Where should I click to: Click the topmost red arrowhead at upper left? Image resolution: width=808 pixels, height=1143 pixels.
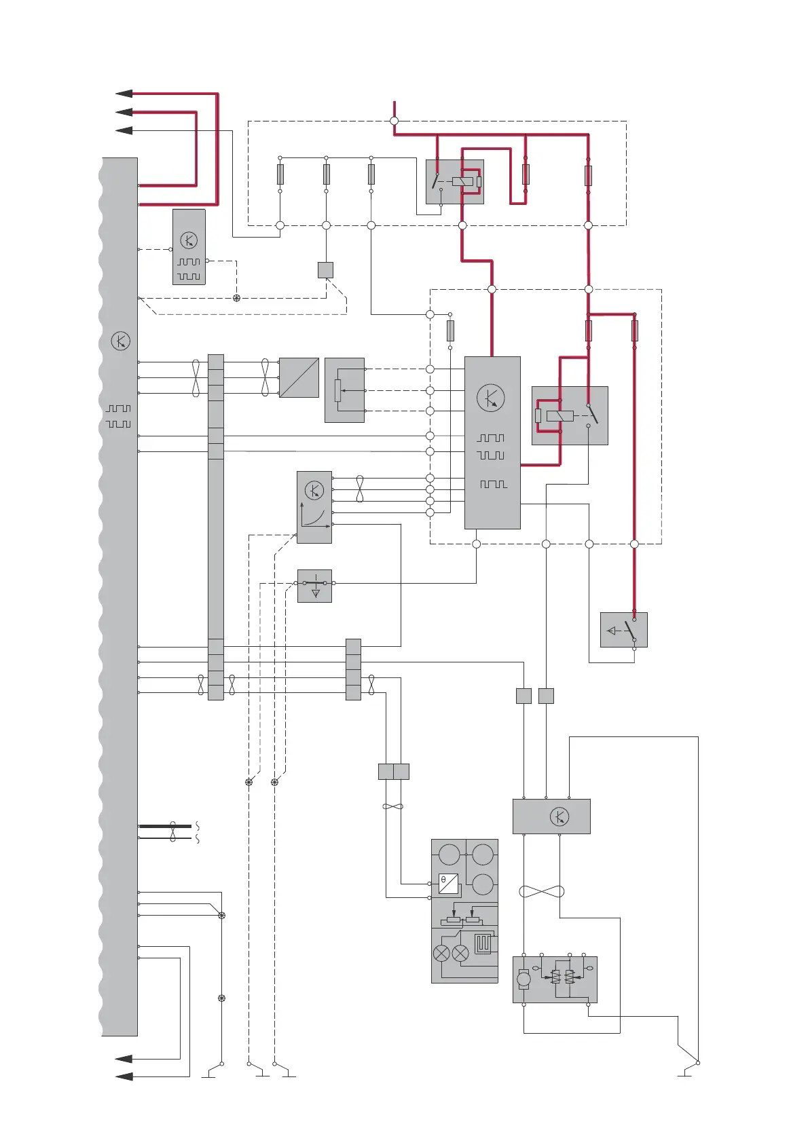point(124,94)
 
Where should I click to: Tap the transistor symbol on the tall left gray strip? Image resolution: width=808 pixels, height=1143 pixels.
point(120,341)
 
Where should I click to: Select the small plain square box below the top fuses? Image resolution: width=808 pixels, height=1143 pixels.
point(325,269)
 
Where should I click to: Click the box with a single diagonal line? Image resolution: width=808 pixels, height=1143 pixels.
point(299,377)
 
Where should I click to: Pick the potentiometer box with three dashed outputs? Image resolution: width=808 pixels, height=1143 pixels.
point(344,390)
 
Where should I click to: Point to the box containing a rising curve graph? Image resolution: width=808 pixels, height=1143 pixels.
point(314,508)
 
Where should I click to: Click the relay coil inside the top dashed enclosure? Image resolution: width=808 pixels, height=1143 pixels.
point(462,181)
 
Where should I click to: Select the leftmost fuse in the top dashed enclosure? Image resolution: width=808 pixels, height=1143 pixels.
point(280,174)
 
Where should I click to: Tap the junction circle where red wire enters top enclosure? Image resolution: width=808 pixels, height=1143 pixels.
point(394,121)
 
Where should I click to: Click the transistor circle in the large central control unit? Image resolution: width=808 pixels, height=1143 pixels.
point(491,398)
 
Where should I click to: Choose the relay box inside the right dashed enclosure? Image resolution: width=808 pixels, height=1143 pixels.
point(569,415)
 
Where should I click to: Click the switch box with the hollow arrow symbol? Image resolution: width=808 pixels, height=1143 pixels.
point(623,630)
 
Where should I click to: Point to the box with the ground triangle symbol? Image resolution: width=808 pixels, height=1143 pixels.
point(314,586)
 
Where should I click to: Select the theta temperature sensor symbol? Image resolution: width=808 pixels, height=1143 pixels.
point(448,883)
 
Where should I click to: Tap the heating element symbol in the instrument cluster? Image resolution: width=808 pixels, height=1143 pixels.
point(483,943)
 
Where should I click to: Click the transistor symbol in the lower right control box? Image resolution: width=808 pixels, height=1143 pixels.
point(559,817)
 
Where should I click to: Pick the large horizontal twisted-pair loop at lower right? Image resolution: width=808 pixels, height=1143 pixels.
point(541,891)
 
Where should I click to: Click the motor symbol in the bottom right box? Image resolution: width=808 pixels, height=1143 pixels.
point(524,979)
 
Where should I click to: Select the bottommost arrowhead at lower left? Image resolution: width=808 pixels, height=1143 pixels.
point(124,1076)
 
